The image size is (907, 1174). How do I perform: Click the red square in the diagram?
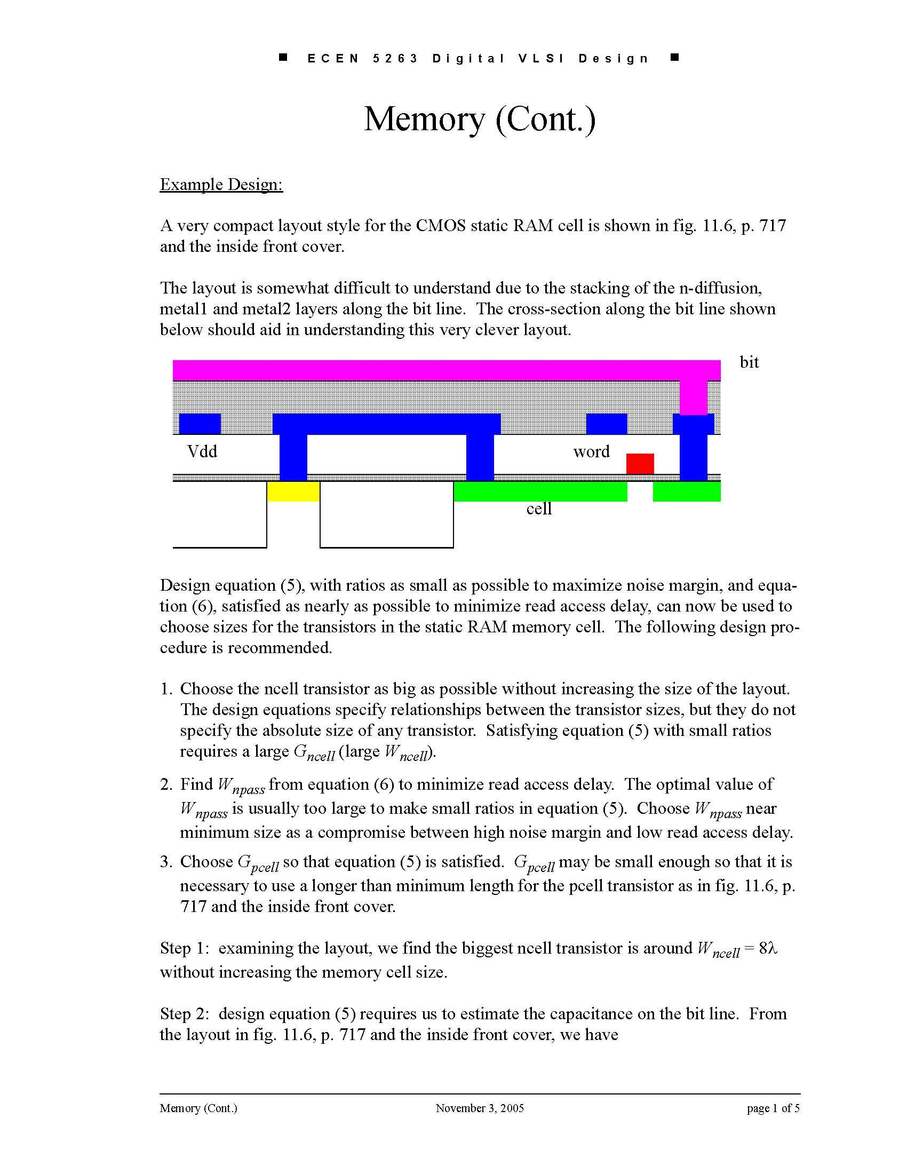640,463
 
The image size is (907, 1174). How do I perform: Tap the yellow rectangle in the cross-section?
293,491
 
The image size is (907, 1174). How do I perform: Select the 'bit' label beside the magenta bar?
749,362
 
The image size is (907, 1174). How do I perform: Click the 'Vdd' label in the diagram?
202,451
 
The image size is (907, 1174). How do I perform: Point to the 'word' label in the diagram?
591,451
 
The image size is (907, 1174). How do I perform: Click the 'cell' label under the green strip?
539,509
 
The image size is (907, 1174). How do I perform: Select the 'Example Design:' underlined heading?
221,185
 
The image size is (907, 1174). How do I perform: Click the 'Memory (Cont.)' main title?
480,119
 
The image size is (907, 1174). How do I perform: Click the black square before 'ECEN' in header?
283,57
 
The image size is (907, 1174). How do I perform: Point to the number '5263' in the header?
395,59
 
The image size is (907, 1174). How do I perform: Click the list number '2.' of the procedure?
166,784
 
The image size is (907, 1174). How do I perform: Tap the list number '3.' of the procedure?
166,862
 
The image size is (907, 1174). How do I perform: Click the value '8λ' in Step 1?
768,948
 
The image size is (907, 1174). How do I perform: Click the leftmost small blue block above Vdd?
200,424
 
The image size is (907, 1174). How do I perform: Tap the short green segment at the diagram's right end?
686,491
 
